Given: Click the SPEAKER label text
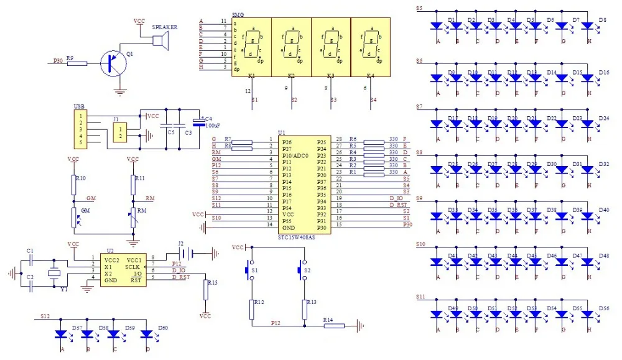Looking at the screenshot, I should point(165,27).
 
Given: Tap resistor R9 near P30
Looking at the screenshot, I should point(77,62).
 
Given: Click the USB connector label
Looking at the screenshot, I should point(79,106).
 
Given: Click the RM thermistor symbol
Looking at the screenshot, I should point(133,218).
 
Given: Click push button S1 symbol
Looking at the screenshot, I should point(249,270).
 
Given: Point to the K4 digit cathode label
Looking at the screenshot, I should point(371,75).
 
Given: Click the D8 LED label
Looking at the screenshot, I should point(602,21).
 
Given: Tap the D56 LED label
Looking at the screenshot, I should point(603,308).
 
